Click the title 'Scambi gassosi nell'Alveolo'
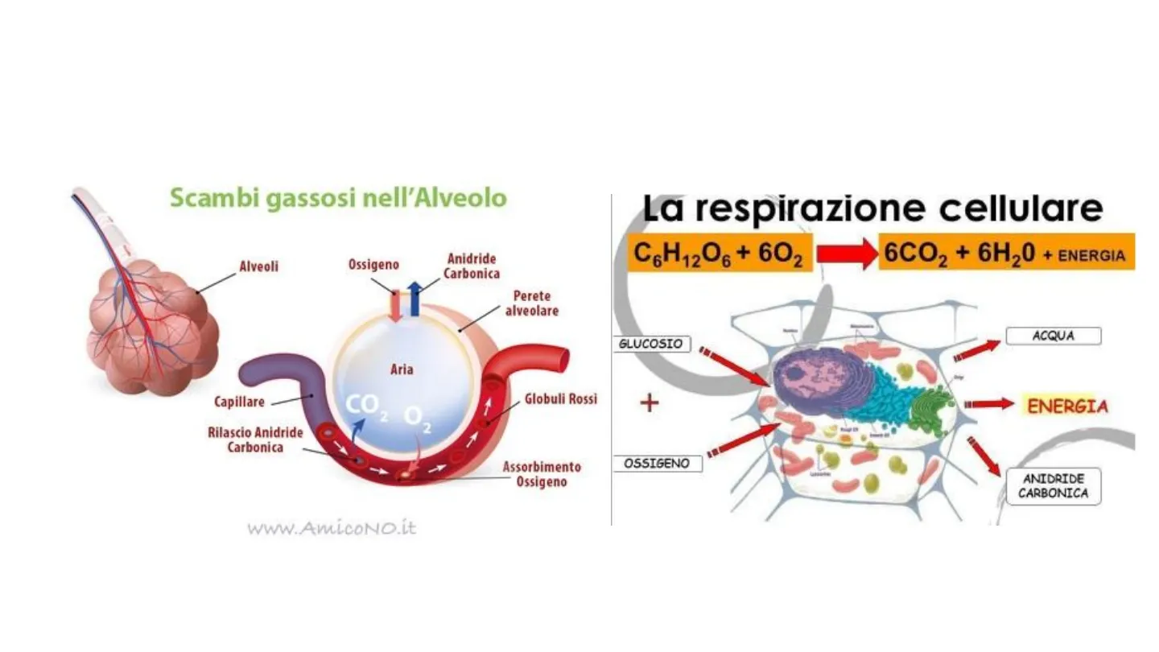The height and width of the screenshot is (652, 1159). pyautogui.click(x=338, y=198)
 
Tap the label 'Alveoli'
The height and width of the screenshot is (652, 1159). pyautogui.click(x=258, y=266)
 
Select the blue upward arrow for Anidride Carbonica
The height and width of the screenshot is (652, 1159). pyautogui.click(x=415, y=299)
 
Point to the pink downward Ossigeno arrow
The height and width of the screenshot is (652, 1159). pyautogui.click(x=395, y=307)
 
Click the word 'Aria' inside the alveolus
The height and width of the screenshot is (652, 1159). pyautogui.click(x=402, y=369)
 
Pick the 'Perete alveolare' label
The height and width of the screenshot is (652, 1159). pyautogui.click(x=531, y=303)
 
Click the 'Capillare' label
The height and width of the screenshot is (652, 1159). pyautogui.click(x=240, y=401)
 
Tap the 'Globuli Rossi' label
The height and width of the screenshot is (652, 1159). pyautogui.click(x=561, y=398)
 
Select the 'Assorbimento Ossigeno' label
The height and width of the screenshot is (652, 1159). pyautogui.click(x=542, y=474)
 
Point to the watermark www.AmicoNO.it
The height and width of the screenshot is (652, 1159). pyautogui.click(x=331, y=529)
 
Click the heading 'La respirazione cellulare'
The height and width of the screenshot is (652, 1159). pyautogui.click(x=872, y=209)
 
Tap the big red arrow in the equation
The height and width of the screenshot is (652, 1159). pyautogui.click(x=847, y=254)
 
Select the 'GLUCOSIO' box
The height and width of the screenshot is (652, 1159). pyautogui.click(x=650, y=344)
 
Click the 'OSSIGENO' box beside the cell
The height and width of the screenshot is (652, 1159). pyautogui.click(x=657, y=464)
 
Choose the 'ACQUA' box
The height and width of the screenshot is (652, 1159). pyautogui.click(x=1054, y=336)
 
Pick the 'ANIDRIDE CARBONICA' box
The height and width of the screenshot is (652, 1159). pyautogui.click(x=1054, y=486)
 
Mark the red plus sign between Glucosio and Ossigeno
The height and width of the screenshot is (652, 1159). pyautogui.click(x=649, y=403)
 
